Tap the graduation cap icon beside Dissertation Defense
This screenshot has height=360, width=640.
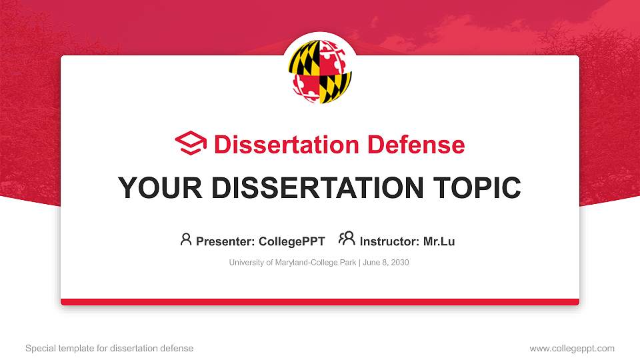[191, 144]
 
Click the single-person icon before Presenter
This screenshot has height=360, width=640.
[186, 239]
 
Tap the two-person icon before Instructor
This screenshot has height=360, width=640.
[347, 239]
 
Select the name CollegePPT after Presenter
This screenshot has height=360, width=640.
[293, 241]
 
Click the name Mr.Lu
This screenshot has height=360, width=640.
[439, 241]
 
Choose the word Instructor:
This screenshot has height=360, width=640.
[390, 241]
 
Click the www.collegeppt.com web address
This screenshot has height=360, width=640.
[571, 348]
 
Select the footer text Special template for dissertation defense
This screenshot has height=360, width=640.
[109, 348]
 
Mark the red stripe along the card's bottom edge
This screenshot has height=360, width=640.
[320, 302]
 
